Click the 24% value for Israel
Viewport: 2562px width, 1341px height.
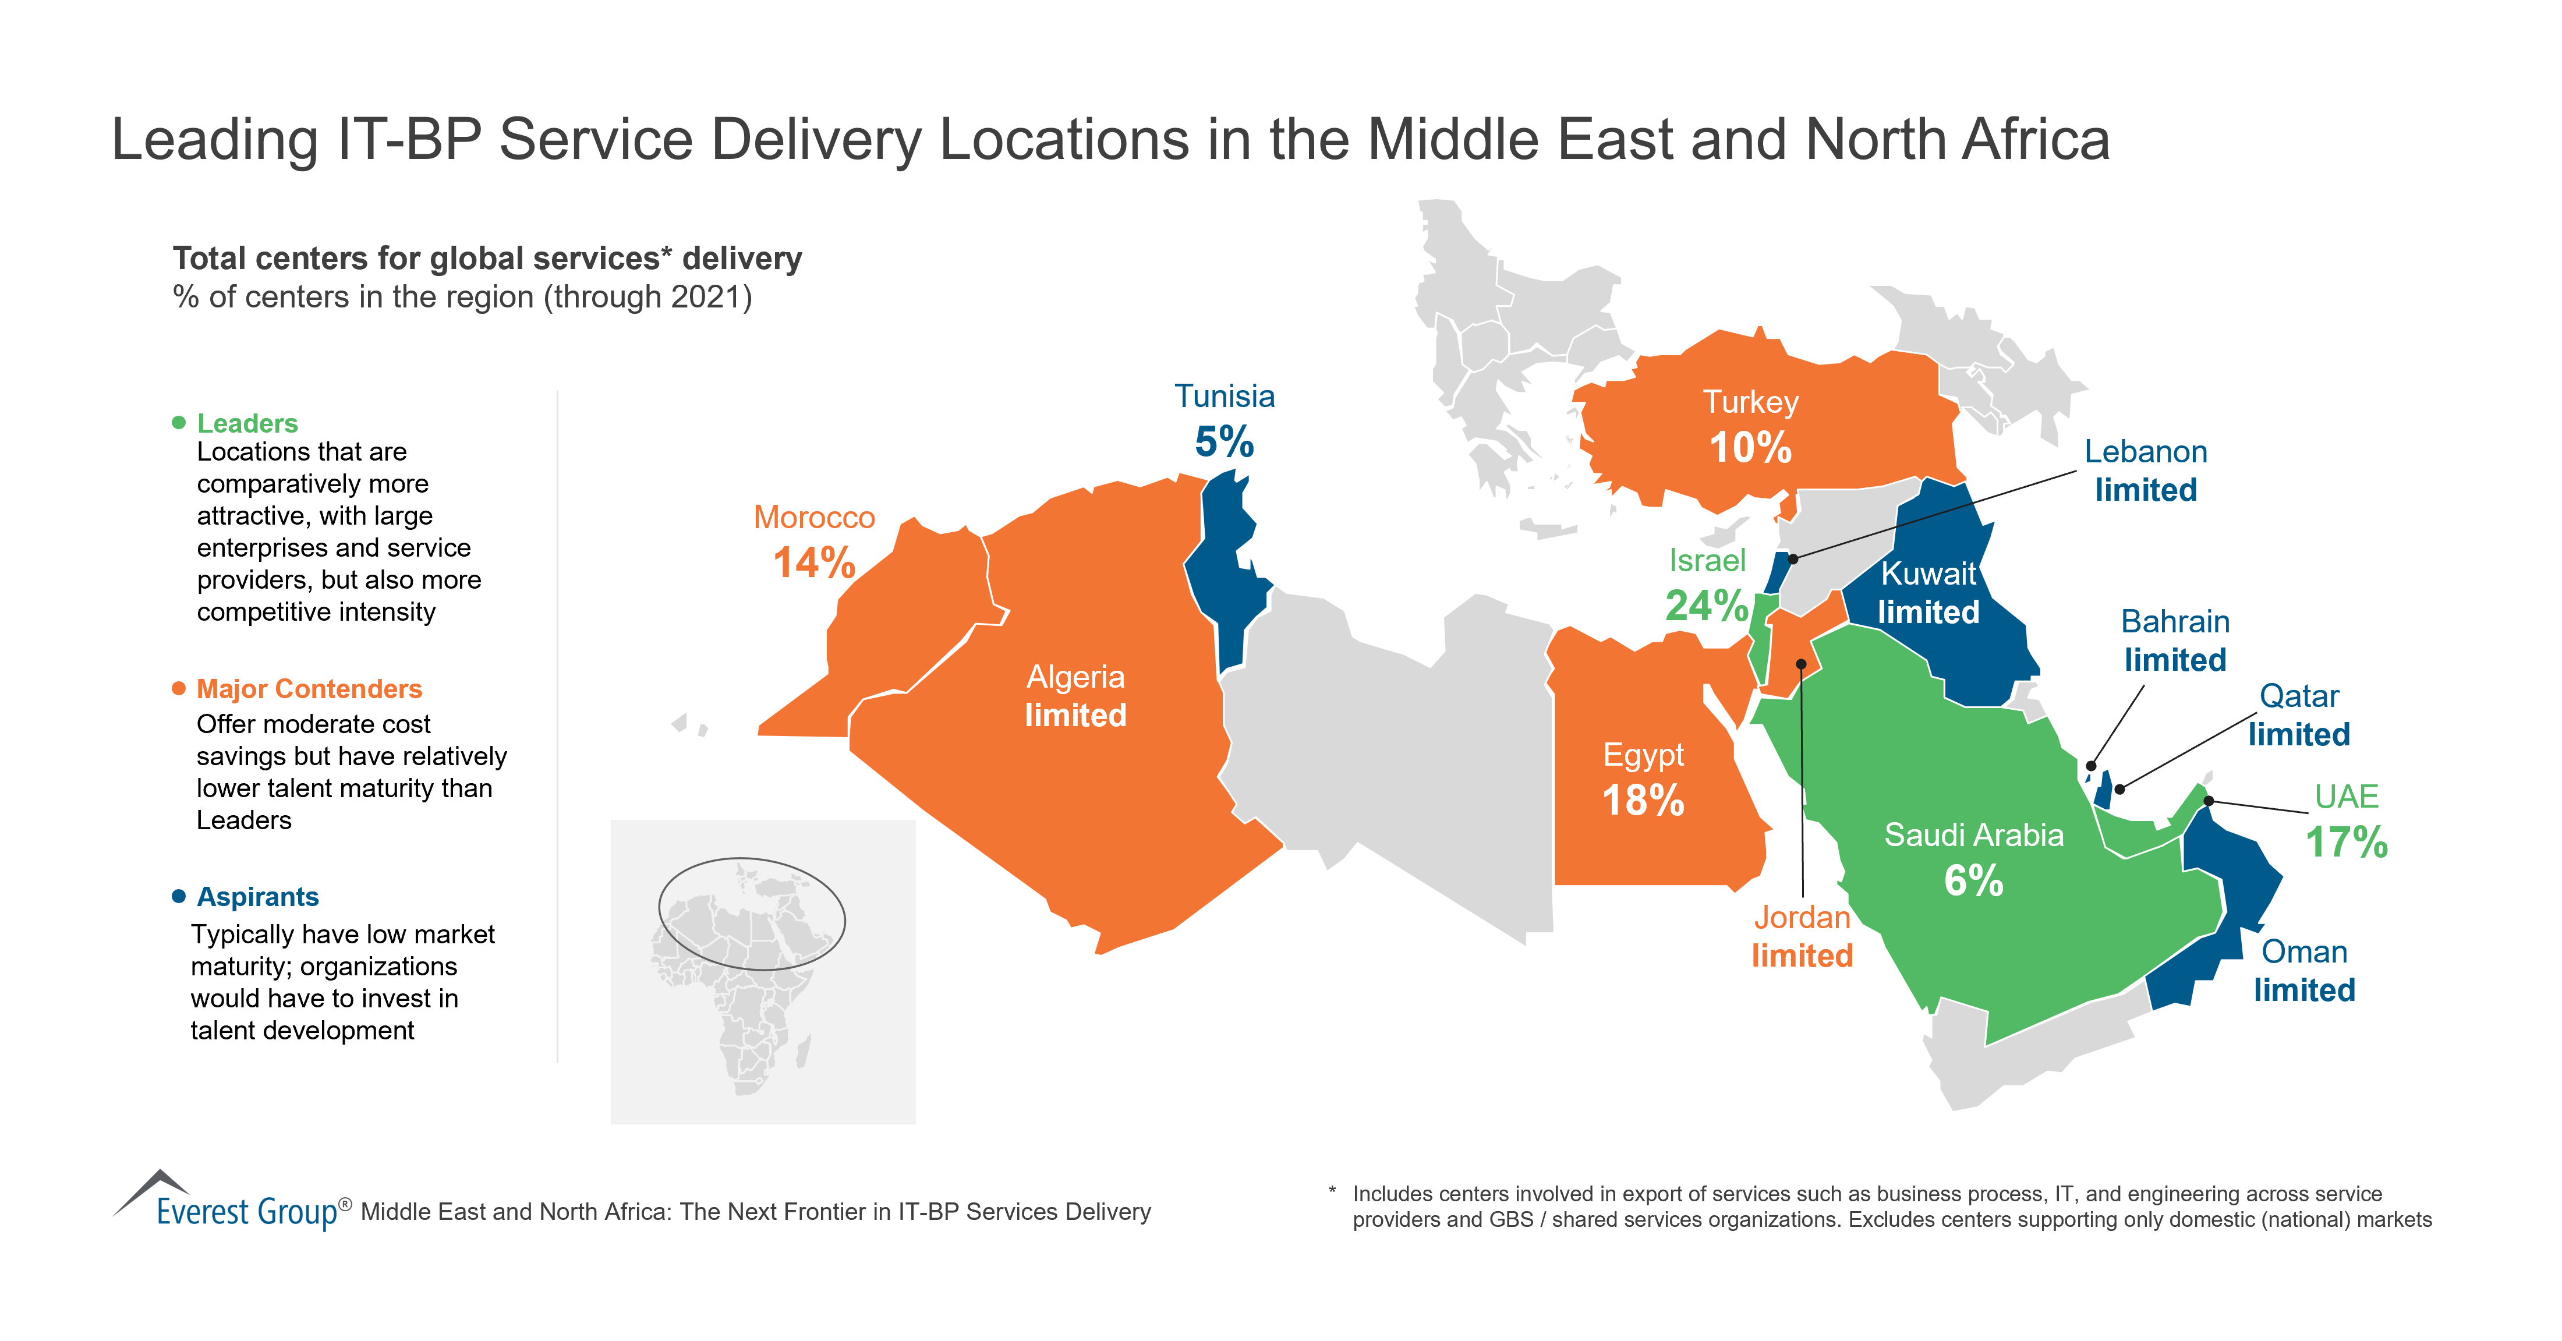point(1707,605)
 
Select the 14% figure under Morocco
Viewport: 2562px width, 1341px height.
point(813,563)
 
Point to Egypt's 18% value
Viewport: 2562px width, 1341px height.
point(1643,801)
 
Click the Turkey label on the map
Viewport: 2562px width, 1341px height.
point(1750,402)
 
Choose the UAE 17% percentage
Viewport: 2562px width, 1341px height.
point(2346,843)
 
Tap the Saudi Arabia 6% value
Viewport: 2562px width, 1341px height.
point(1973,880)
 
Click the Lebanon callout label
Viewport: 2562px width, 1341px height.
point(2145,452)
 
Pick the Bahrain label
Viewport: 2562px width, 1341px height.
point(2175,622)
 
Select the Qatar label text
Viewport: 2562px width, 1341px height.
point(2298,696)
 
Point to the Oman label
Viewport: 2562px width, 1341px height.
point(2303,952)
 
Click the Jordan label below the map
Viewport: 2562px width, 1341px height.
point(1801,917)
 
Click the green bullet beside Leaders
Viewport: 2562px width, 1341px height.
point(179,423)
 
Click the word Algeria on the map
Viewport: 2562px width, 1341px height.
point(1075,677)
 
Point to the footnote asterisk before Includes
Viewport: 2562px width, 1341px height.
point(1333,1191)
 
